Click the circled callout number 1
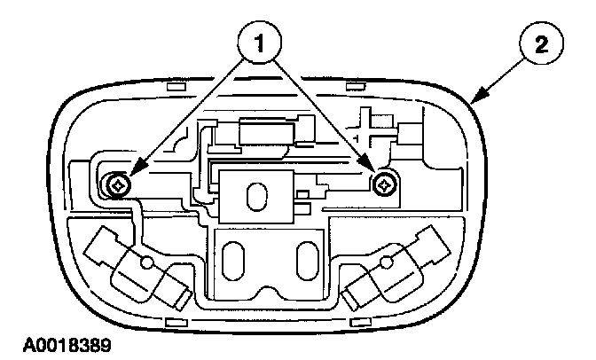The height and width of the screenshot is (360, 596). (258, 42)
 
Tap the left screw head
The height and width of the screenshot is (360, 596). (117, 185)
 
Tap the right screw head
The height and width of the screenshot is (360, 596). (383, 184)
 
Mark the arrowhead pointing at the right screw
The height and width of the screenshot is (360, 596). (370, 171)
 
